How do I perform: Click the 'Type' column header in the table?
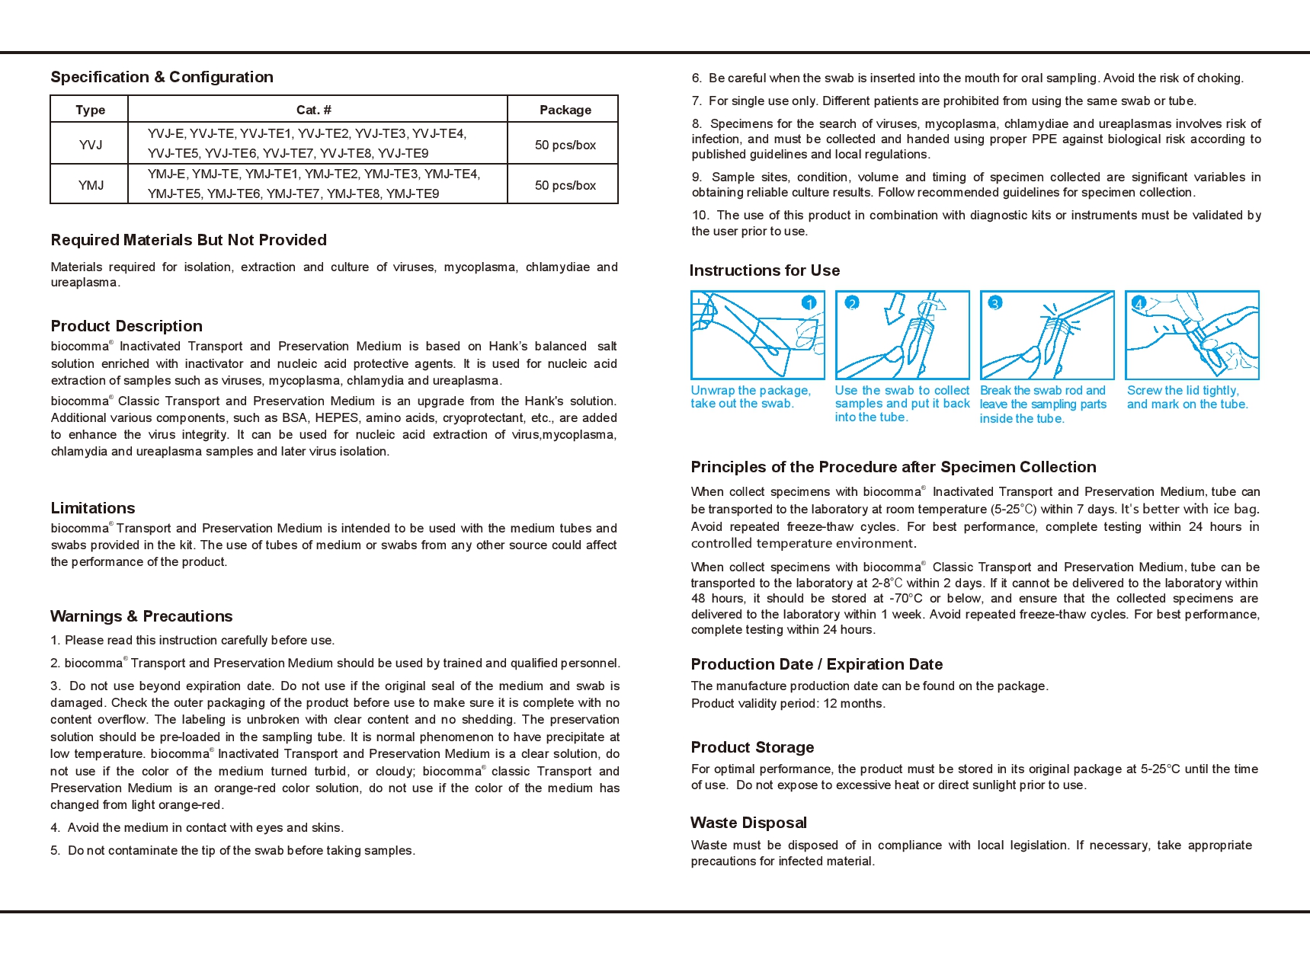(x=90, y=110)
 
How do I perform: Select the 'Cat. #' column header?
(x=314, y=110)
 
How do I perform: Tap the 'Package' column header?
(x=565, y=110)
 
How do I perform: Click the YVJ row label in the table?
(x=90, y=145)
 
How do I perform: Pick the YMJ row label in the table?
(x=91, y=185)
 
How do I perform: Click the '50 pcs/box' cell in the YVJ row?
(x=565, y=145)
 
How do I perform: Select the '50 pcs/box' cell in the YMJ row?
(x=565, y=185)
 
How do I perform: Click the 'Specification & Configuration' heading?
(x=162, y=77)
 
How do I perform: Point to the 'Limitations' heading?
(x=92, y=508)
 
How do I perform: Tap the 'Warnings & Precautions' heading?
(x=141, y=616)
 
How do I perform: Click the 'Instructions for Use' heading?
(x=764, y=270)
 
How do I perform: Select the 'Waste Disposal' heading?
(x=748, y=823)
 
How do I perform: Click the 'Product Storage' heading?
(x=752, y=747)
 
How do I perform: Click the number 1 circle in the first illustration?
(x=809, y=303)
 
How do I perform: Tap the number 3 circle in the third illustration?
(x=995, y=303)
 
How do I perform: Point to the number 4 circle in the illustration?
(x=1139, y=303)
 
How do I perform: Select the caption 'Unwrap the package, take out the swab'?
(x=750, y=397)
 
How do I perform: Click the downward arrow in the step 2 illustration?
(x=895, y=309)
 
